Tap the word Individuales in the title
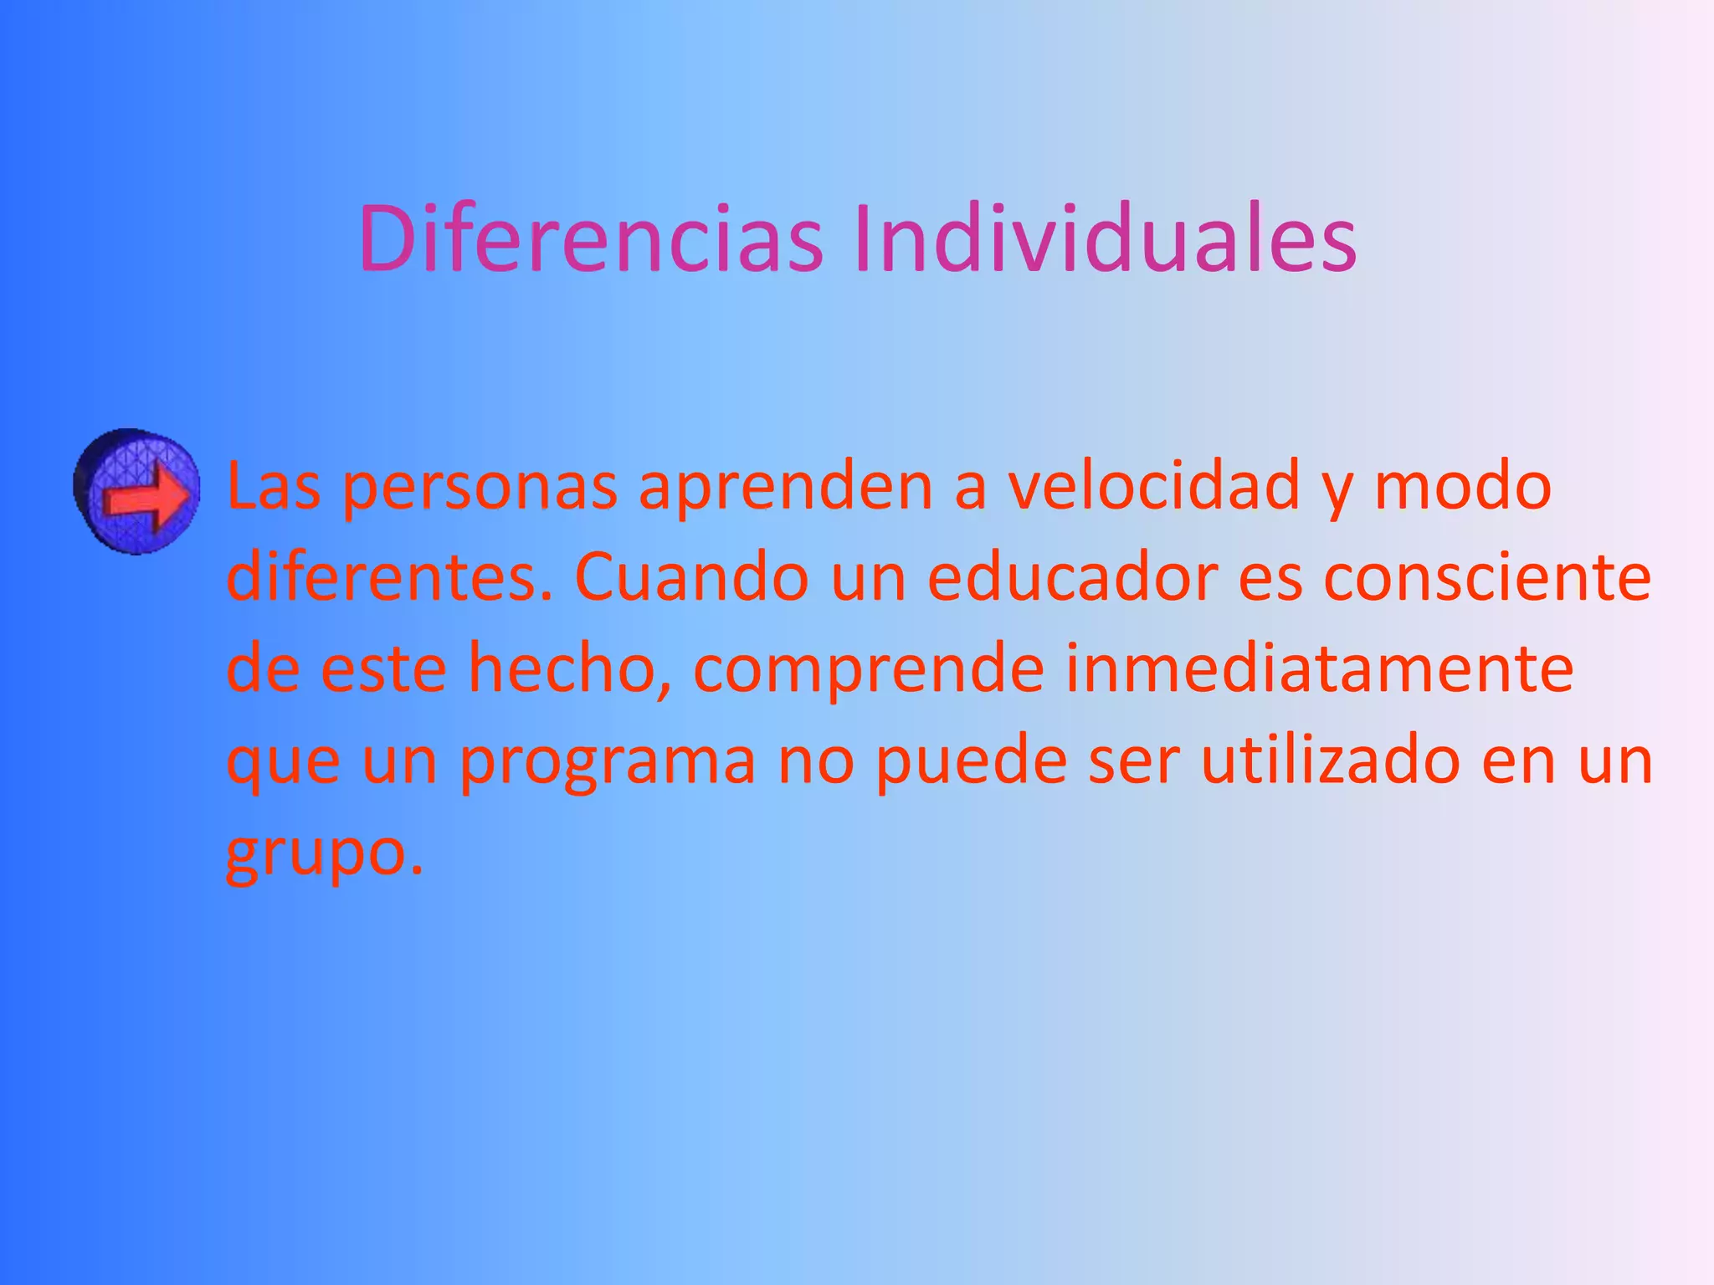pos(1105,239)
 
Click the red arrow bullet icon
pos(137,492)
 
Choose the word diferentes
pos(389,577)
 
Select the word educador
pos(1073,577)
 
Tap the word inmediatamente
pos(1319,669)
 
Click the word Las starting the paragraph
pos(274,487)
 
